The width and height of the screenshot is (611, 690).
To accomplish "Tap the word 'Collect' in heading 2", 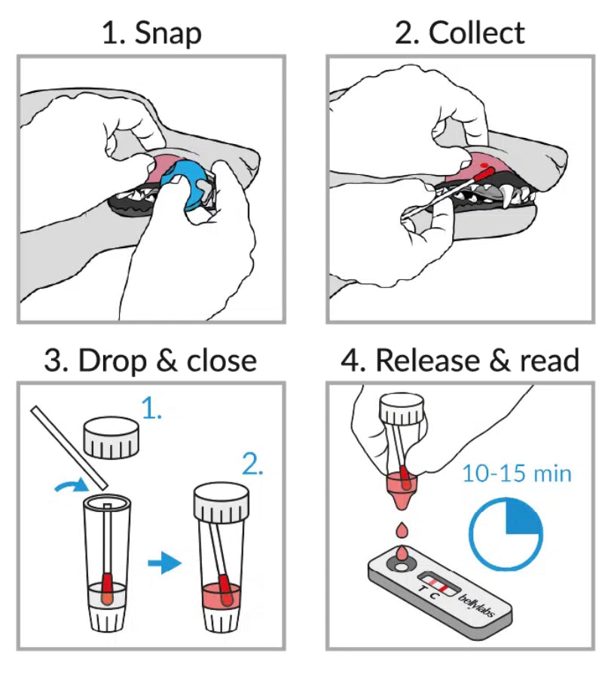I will (476, 34).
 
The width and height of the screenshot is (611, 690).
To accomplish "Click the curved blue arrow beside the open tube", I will (71, 490).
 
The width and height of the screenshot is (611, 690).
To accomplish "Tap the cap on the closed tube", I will (221, 504).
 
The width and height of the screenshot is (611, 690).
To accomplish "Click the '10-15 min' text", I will (517, 474).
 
